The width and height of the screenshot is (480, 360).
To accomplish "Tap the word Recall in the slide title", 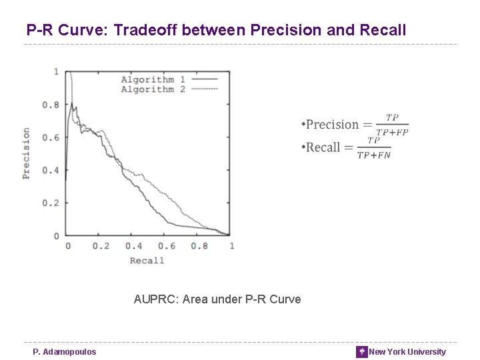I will [382, 30].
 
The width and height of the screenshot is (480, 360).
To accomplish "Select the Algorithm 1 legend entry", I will [153, 80].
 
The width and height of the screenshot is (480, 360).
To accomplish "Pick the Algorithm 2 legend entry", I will [153, 89].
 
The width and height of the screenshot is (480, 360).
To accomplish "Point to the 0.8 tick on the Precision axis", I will [51, 105].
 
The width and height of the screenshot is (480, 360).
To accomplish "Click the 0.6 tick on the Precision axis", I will [51, 137].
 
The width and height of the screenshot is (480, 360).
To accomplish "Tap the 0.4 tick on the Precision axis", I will [51, 170].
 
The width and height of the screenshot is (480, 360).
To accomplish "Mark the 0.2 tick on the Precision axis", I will [51, 203].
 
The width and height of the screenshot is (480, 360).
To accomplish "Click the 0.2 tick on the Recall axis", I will [101, 246].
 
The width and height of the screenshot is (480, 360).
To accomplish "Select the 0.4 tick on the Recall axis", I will [133, 246].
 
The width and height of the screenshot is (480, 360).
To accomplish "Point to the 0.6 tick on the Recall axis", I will [166, 246].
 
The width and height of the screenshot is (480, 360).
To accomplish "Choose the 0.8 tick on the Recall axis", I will [199, 246].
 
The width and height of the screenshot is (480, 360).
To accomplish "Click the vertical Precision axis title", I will [26, 153].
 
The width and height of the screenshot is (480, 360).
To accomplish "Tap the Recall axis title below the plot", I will [147, 260].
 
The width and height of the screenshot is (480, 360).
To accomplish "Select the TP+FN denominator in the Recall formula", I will [374, 155].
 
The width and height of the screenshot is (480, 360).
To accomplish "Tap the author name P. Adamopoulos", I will [65, 352].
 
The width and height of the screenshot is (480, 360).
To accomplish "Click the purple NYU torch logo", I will [361, 352].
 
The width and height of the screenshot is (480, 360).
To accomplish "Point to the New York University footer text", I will [407, 352].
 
